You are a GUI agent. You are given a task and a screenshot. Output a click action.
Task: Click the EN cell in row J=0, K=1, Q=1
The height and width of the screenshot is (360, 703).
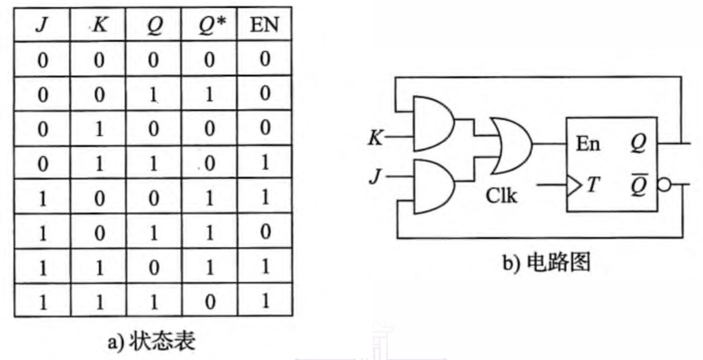point(265,163)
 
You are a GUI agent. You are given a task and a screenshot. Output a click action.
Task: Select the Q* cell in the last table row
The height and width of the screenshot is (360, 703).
point(210,300)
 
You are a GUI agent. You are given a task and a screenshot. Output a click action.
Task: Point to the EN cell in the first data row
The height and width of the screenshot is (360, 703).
point(265,60)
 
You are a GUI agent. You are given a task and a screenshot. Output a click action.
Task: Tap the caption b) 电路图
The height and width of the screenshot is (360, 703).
point(546,262)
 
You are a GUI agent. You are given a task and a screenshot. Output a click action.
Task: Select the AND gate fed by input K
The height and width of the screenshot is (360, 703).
point(433,123)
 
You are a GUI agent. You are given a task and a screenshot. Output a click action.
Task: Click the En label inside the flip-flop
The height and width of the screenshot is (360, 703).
point(588,144)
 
